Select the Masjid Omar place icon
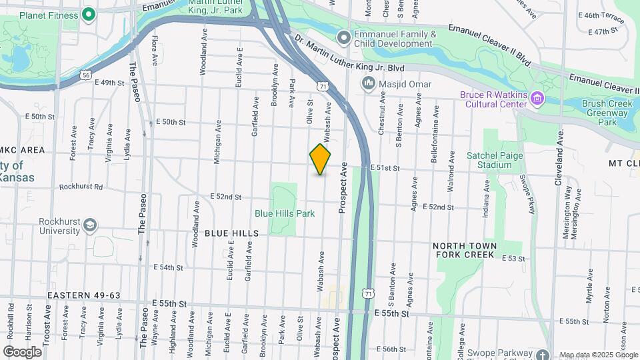[368, 84]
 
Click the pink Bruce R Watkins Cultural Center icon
[537, 99]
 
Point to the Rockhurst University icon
[89, 227]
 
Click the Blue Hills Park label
[285, 213]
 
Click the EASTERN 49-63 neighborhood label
[83, 295]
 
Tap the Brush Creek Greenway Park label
[608, 113]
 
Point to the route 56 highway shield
[87, 75]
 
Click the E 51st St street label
[384, 169]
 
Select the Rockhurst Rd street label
[81, 187]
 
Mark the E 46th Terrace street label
[601, 15]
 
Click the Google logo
[22, 352]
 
